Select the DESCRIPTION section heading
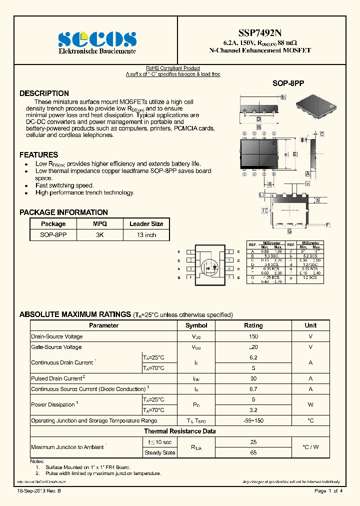[44, 93]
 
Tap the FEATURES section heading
[38, 155]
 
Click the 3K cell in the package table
[100, 235]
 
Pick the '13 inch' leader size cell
[146, 235]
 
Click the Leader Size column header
[146, 224]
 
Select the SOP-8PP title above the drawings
[288, 83]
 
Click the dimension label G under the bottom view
[289, 231]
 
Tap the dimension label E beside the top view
[295, 154]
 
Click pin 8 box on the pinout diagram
[229, 252]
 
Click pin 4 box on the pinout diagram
[190, 277]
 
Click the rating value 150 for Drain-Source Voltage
[253, 336]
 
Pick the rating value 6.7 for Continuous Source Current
[253, 389]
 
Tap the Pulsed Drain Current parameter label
[56, 379]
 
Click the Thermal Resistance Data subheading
[180, 431]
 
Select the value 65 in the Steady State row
[253, 452]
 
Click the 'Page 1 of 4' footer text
[328, 491]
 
